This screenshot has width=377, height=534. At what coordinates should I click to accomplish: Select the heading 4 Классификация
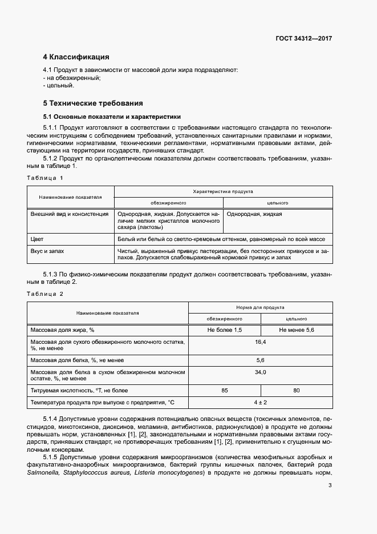76,57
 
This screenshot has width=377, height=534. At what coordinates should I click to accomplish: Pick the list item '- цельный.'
58,85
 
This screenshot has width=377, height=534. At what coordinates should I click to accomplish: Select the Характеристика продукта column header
223,192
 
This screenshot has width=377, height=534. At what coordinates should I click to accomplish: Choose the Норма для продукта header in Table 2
260,307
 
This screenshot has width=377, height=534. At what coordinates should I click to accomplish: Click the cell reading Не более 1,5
225,331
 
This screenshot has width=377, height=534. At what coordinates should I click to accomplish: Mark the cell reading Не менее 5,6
297,331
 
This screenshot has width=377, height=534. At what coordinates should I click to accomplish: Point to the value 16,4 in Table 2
260,342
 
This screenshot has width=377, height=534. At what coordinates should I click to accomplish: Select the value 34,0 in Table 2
260,372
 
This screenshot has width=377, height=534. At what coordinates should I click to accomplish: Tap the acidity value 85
225,391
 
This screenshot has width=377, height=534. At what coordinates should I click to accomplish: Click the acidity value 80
297,391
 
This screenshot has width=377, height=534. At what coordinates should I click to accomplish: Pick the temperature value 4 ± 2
260,403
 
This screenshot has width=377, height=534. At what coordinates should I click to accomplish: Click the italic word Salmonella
43,473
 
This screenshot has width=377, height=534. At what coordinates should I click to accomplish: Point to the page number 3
330,486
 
